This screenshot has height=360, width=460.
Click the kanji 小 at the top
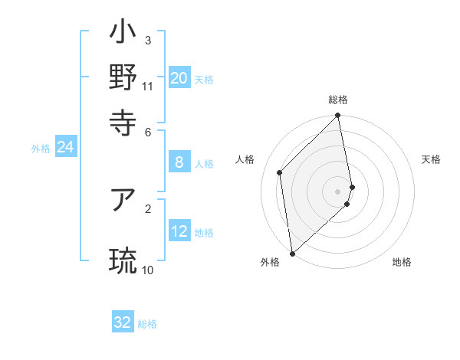(123, 34)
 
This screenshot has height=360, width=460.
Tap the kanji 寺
(123, 121)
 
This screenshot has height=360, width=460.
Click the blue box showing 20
(179, 77)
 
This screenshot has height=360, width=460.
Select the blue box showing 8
(179, 162)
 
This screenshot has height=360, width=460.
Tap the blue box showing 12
(179, 231)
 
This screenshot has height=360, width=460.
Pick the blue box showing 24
(65, 148)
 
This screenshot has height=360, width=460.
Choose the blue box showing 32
(123, 322)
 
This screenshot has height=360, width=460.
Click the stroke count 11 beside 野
(148, 86)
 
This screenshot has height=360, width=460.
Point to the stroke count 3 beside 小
(148, 40)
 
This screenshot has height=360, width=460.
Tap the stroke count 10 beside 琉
(148, 270)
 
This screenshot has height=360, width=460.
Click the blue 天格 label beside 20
(204, 79)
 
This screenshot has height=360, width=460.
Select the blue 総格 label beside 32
(147, 324)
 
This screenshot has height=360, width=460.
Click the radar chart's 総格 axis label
(337, 100)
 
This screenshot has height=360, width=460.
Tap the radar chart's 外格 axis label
(270, 263)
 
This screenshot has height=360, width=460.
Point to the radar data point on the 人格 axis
(280, 172)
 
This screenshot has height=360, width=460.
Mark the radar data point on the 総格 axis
(337, 116)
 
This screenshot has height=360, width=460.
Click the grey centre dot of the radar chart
(337, 191)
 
